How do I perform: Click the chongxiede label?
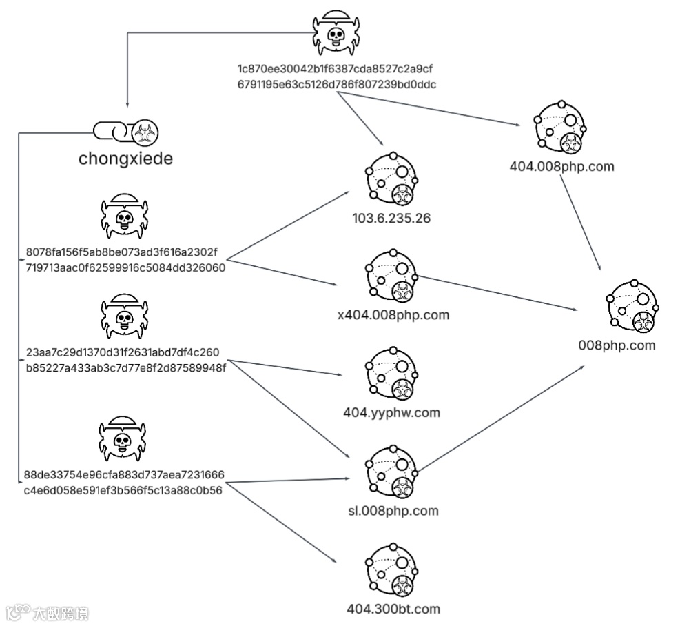pos(125,159)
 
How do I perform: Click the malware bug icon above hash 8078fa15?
pos(124,216)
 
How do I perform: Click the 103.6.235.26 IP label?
pos(393,218)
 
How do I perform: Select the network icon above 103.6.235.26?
pos(393,178)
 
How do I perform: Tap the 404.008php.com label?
pos(561,166)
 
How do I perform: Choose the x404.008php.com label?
pos(393,315)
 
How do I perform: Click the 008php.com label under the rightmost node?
pos(617,345)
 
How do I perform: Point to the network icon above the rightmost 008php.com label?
pos(632,305)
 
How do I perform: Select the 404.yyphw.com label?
pos(391,413)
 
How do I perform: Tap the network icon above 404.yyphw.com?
pos(393,373)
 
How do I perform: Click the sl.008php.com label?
pos(393,511)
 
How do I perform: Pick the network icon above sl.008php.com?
pos(393,472)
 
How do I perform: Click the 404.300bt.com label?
pos(393,609)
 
